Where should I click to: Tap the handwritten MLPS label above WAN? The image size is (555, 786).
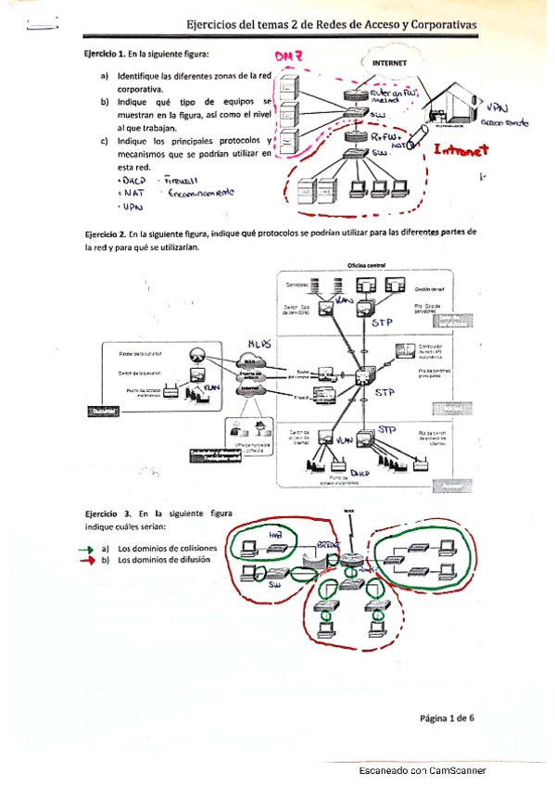[259, 344]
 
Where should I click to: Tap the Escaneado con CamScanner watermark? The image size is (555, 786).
[422, 770]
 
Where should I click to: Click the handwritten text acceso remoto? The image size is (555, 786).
[504, 122]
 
